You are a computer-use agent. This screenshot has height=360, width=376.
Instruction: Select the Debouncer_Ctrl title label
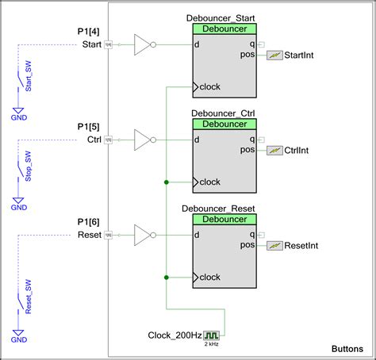pos(223,113)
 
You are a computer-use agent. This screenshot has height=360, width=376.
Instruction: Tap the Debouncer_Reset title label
pos(223,209)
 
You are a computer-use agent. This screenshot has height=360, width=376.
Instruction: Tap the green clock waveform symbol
pos(212,335)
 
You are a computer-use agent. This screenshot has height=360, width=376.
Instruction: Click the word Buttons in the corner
pos(347,349)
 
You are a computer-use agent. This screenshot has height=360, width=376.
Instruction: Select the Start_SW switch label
pos(29,80)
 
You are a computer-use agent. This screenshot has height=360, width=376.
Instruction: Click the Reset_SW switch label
pos(29,300)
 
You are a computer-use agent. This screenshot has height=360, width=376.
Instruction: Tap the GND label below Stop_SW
pos(18,208)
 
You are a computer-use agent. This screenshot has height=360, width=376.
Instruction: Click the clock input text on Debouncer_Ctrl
pos(210,182)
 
